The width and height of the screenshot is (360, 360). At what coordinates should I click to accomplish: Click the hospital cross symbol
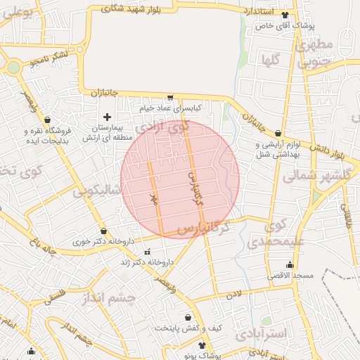tap(107, 117)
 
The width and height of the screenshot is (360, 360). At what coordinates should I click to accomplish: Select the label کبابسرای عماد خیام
tap(170, 108)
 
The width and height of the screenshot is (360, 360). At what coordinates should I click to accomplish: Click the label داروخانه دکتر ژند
tap(148, 262)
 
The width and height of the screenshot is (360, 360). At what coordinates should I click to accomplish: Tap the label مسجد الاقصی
tap(289, 274)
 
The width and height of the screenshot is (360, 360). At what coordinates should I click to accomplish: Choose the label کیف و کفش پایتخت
tap(188, 328)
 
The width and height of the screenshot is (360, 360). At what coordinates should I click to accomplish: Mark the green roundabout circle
tap(13, 67)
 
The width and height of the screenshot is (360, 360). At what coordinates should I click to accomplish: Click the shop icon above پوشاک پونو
tap(203, 345)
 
